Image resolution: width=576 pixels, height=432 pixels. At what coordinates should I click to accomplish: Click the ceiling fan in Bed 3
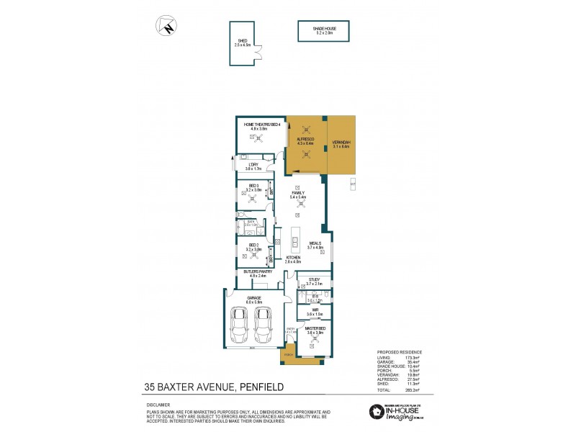pos(253,200)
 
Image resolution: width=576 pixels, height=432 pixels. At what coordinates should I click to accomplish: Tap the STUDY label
pos(314,281)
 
